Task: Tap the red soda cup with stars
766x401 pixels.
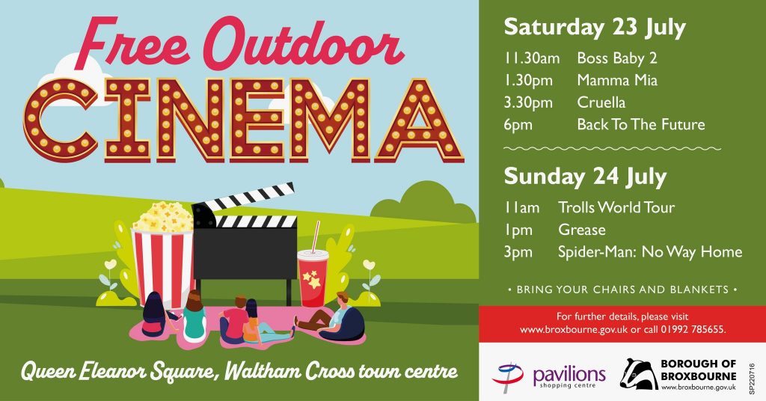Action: [313, 278]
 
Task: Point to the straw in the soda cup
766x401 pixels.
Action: [316, 236]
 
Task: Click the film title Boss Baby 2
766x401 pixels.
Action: [617, 58]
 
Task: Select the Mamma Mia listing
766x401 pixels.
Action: [617, 80]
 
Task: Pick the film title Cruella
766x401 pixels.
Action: [601, 102]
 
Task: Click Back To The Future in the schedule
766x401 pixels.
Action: [641, 124]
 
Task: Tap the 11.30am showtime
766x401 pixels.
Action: [532, 58]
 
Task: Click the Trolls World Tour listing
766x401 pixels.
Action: [616, 207]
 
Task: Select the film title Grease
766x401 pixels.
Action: [582, 230]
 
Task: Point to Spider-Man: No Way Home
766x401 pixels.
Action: [650, 252]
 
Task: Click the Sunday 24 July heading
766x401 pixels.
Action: [585, 177]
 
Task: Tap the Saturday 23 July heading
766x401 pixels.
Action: [595, 28]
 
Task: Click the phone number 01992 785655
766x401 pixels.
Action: [693, 330]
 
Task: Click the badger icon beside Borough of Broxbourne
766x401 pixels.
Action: [638, 374]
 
